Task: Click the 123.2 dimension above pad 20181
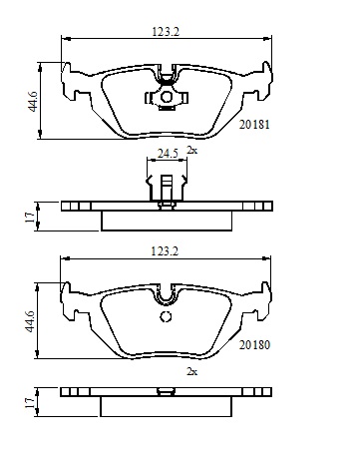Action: point(166,32)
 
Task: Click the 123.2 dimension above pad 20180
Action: point(165,250)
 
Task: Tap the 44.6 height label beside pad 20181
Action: point(33,102)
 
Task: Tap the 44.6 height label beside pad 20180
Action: point(30,321)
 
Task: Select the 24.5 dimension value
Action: point(168,154)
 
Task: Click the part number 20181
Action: point(254,125)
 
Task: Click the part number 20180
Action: point(254,345)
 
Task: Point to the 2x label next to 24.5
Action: point(191,150)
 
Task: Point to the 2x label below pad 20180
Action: point(191,371)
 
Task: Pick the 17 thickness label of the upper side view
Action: point(30,218)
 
